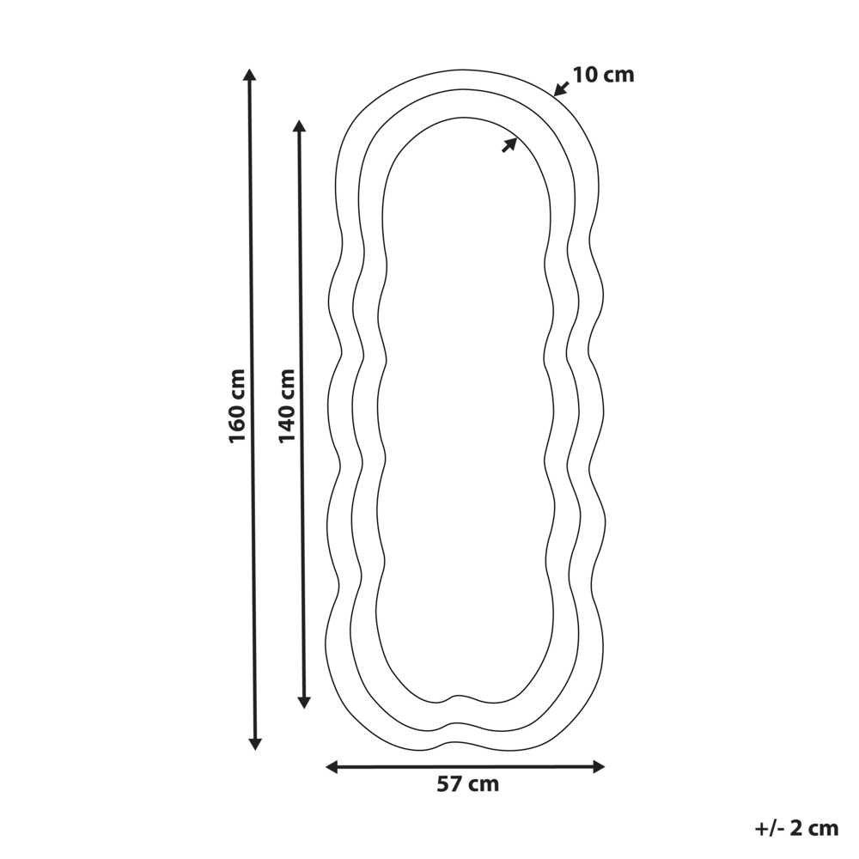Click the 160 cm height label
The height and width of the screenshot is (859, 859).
(x=237, y=405)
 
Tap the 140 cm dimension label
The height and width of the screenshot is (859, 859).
(x=287, y=405)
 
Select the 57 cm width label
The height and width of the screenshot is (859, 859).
(x=468, y=784)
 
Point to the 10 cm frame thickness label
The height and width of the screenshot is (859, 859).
(x=603, y=75)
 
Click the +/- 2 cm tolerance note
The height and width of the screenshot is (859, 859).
(x=796, y=828)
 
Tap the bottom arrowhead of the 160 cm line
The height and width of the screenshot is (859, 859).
(x=255, y=743)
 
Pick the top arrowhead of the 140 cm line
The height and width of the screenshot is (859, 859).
(x=299, y=126)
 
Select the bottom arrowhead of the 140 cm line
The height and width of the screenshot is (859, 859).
(x=304, y=702)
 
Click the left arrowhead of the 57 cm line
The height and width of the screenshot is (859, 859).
(x=332, y=767)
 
